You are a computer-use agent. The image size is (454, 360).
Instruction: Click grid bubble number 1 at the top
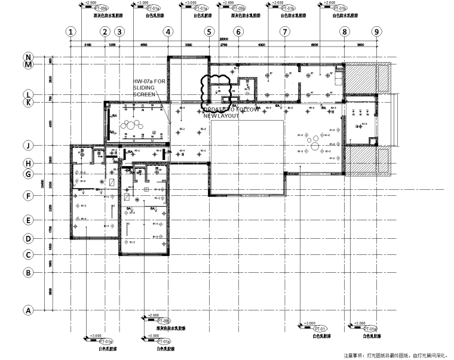[x=71, y=32]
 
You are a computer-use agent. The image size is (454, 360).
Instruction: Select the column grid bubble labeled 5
[x=209, y=32]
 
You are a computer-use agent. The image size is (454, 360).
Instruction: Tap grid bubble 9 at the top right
[x=376, y=32]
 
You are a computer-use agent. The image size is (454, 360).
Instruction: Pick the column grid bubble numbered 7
[x=285, y=32]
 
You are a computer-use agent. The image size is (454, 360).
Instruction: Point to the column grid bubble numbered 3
[x=119, y=32]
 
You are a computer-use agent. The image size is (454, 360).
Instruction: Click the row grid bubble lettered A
[x=27, y=310]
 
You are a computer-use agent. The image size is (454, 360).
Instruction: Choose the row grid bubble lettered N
[x=27, y=57]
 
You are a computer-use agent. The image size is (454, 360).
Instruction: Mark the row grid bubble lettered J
[x=27, y=145]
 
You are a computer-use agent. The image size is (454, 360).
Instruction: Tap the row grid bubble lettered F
[x=27, y=195]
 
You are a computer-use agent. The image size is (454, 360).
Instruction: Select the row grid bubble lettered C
[x=27, y=255]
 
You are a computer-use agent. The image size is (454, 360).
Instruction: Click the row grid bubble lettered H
[x=27, y=163]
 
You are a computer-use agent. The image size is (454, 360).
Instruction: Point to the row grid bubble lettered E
[x=27, y=220]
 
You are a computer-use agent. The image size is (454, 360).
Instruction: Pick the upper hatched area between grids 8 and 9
[x=362, y=78]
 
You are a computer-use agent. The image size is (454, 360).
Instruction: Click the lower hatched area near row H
[x=362, y=161]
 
